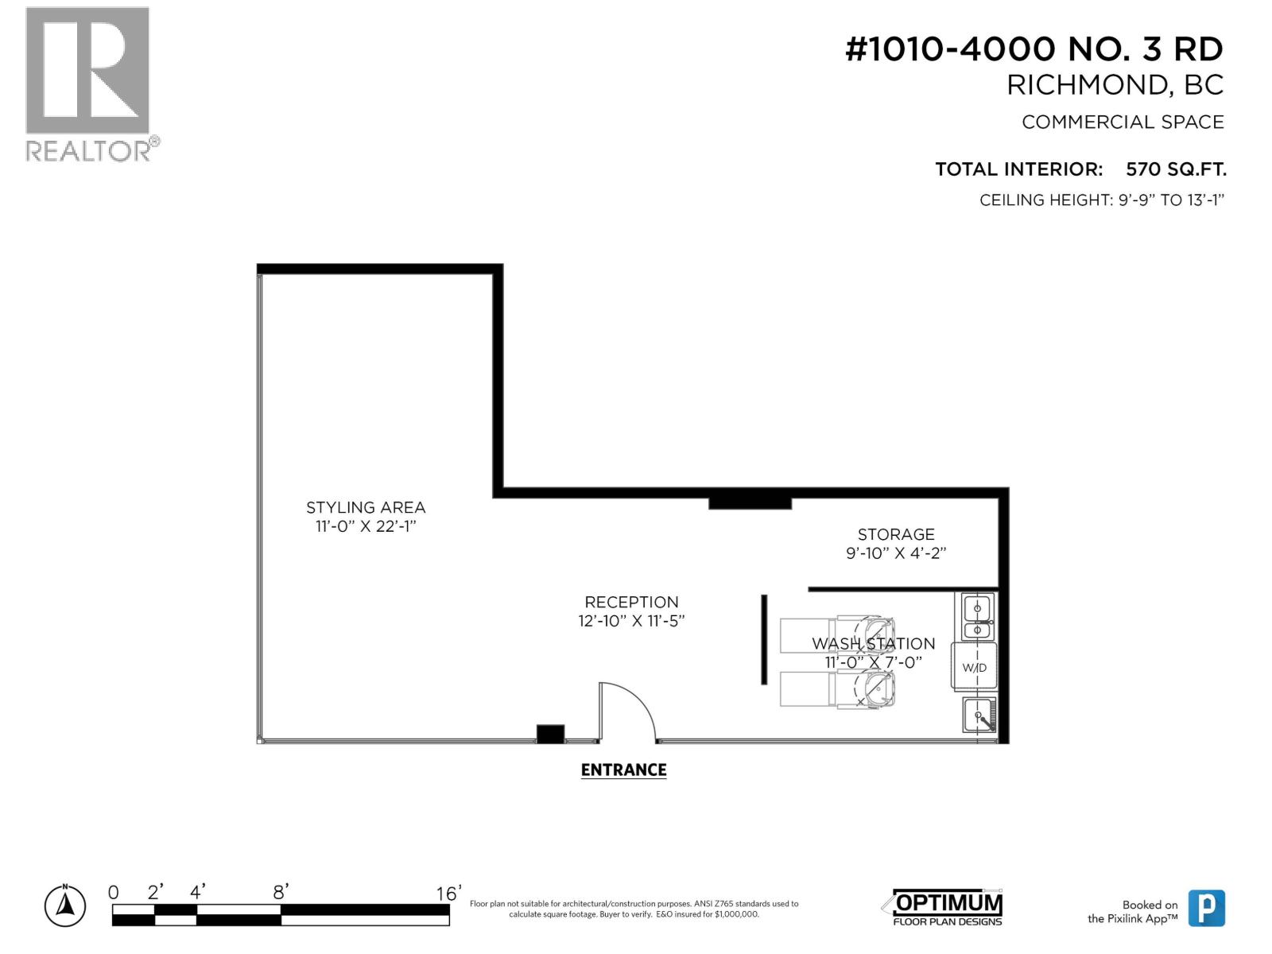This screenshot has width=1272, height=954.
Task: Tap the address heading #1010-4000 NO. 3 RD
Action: [x=1033, y=49]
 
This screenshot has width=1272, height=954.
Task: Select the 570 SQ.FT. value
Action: [x=1175, y=169]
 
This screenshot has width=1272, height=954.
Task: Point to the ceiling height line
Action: [x=1101, y=200]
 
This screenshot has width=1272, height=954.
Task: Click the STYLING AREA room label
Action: [x=366, y=507]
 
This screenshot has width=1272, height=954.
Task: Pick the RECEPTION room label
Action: [x=631, y=602]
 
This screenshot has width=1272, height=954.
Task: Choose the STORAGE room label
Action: [x=896, y=534]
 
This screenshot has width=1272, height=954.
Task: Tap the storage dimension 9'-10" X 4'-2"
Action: [x=896, y=553]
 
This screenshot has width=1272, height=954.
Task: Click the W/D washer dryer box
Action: [x=974, y=666]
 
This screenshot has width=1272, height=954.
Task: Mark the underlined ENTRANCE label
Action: [x=623, y=770]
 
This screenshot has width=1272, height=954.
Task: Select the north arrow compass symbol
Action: [x=66, y=906]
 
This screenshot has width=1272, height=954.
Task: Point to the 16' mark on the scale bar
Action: [x=448, y=894]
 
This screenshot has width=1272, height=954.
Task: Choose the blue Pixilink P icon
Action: [x=1206, y=908]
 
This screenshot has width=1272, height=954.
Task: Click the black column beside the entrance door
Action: [x=550, y=734]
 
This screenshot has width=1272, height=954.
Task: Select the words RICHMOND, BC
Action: [x=1115, y=85]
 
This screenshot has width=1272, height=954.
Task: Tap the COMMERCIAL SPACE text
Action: [x=1122, y=122]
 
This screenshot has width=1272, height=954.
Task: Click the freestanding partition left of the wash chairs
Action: [x=764, y=639]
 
